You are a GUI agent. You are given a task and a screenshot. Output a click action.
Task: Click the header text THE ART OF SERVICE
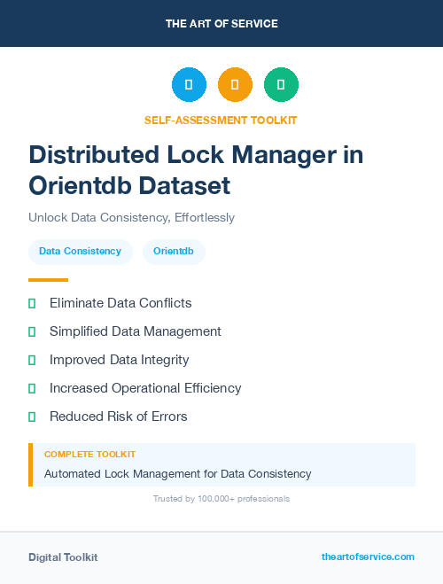(221, 24)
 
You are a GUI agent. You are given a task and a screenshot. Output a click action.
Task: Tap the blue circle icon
(189, 84)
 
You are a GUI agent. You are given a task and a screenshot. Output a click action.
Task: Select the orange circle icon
(235, 84)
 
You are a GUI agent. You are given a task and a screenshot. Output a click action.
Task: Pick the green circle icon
(281, 84)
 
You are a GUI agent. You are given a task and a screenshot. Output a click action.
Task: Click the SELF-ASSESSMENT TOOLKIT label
(221, 120)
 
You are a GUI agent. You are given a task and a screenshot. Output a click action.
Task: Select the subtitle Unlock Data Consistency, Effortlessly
(131, 217)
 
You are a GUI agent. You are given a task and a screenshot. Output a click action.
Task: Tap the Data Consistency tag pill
(80, 252)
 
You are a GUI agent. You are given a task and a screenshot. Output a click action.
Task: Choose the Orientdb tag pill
(174, 252)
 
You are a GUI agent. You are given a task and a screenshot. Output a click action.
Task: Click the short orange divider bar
(48, 280)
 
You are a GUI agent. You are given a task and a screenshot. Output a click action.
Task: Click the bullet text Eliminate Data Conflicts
(120, 303)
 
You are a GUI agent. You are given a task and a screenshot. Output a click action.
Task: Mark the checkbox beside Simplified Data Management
(32, 331)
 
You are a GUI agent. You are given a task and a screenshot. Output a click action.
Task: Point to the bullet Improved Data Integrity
(119, 360)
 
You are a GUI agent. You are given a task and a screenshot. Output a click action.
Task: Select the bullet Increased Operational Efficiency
(145, 388)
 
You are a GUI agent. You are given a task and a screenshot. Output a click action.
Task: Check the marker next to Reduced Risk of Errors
(32, 417)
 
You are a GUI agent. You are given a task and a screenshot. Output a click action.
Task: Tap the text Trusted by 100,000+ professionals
(221, 499)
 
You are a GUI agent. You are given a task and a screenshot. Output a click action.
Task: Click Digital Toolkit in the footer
(63, 557)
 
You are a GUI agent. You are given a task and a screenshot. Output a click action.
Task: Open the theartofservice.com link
(368, 557)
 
